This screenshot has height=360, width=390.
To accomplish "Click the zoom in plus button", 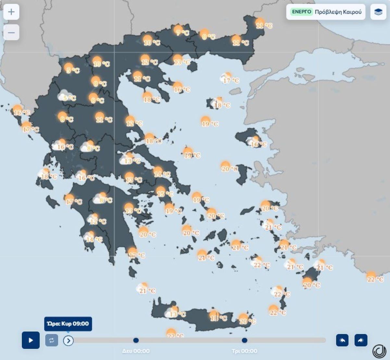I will tap(11, 12).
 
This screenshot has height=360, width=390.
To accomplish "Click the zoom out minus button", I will tap(11, 32).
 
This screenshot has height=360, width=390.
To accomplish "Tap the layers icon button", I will tap(378, 12).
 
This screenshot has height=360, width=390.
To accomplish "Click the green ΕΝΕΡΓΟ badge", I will tap(302, 12).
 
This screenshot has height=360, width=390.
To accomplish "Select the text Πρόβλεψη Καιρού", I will tap(338, 12).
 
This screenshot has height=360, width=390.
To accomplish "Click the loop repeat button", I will tap(52, 340).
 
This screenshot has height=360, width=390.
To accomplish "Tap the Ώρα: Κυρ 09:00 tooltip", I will tap(68, 324).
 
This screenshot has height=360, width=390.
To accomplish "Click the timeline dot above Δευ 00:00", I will tap(136, 340).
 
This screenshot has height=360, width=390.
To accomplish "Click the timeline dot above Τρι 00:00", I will tap(244, 340).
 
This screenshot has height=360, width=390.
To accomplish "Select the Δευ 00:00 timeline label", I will tap(136, 351).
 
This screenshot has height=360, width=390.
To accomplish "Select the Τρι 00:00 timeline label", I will tap(244, 351).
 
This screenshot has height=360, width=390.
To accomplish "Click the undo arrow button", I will tap(342, 340).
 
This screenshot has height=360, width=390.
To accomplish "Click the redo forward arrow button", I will tap(361, 340).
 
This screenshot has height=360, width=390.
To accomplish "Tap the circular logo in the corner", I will tap(379, 351).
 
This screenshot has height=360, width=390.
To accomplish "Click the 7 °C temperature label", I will tap(182, 32).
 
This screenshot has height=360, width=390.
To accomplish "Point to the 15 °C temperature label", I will tap(165, 194).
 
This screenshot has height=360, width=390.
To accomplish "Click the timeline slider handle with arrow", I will tap(68, 341).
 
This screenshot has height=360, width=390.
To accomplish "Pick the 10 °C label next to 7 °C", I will tap(152, 42).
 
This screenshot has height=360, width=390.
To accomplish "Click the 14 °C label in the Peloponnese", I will tap(94, 240).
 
